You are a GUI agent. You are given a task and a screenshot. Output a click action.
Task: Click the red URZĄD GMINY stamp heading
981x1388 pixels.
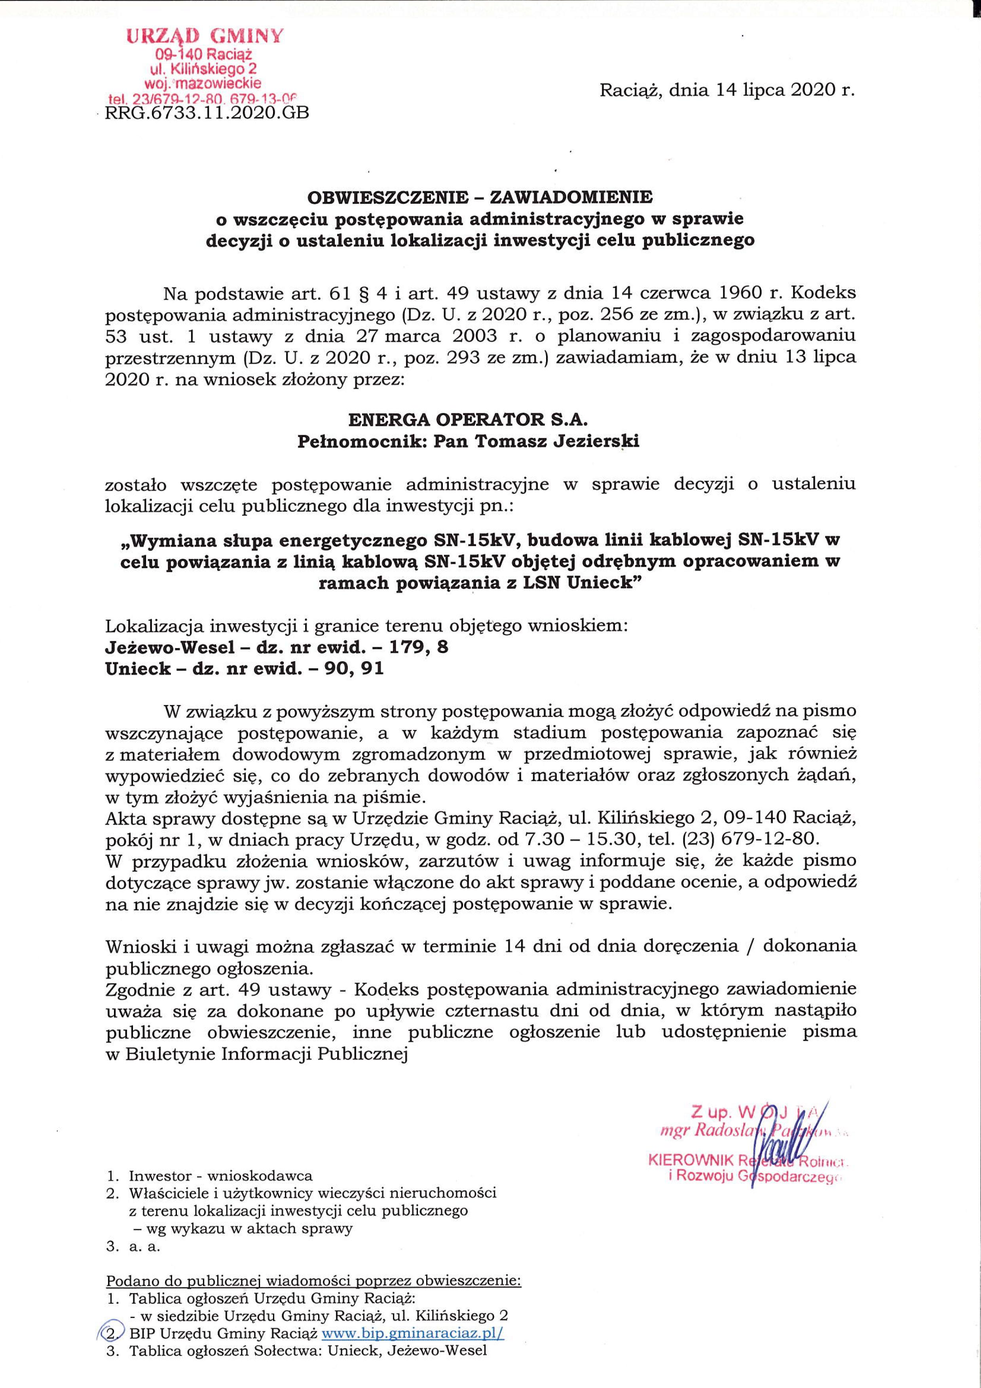point(204,37)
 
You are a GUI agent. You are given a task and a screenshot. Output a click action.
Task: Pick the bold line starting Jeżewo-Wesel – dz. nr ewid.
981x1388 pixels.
point(277,647)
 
